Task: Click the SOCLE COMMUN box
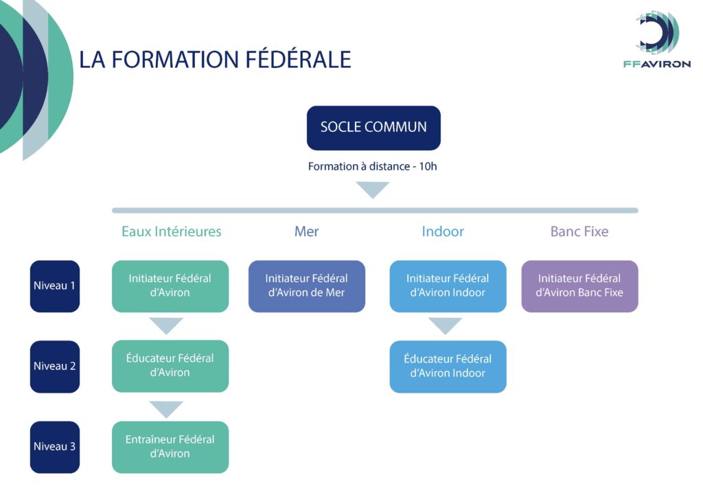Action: point(373,128)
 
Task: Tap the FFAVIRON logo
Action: point(657,39)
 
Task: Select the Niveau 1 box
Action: point(55,286)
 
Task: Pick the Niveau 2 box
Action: point(55,367)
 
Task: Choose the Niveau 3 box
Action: point(55,447)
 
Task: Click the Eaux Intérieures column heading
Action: point(171,231)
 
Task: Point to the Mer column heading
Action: point(306,231)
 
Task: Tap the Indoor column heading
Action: point(443,231)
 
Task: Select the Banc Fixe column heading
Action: point(579,231)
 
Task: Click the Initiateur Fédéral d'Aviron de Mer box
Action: point(307,286)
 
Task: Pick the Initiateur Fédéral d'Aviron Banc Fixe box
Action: point(579,286)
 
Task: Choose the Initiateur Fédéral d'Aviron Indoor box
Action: point(448,286)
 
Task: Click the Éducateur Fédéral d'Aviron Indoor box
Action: point(448,367)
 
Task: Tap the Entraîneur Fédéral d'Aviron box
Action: point(170,447)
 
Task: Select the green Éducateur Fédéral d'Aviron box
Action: point(170,366)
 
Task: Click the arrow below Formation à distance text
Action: point(373,188)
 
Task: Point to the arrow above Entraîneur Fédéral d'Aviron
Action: point(166,408)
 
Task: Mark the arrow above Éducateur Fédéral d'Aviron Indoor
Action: point(445,325)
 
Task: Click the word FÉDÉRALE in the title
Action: point(299,59)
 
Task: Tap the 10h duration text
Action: point(428,166)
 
